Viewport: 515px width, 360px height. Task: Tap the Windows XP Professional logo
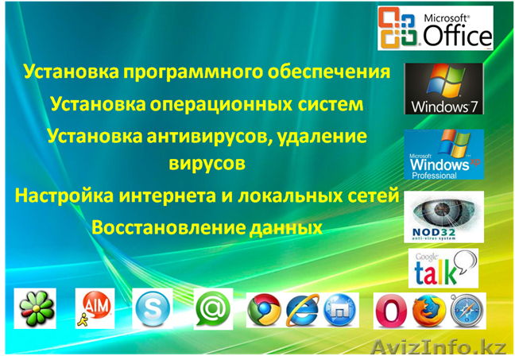(443, 155)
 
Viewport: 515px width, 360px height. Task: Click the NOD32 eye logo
(443, 216)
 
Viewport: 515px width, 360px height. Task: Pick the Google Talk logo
(443, 267)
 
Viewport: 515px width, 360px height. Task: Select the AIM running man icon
(94, 309)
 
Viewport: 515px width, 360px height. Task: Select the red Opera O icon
(390, 310)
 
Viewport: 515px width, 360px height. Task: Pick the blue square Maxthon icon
(340, 310)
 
